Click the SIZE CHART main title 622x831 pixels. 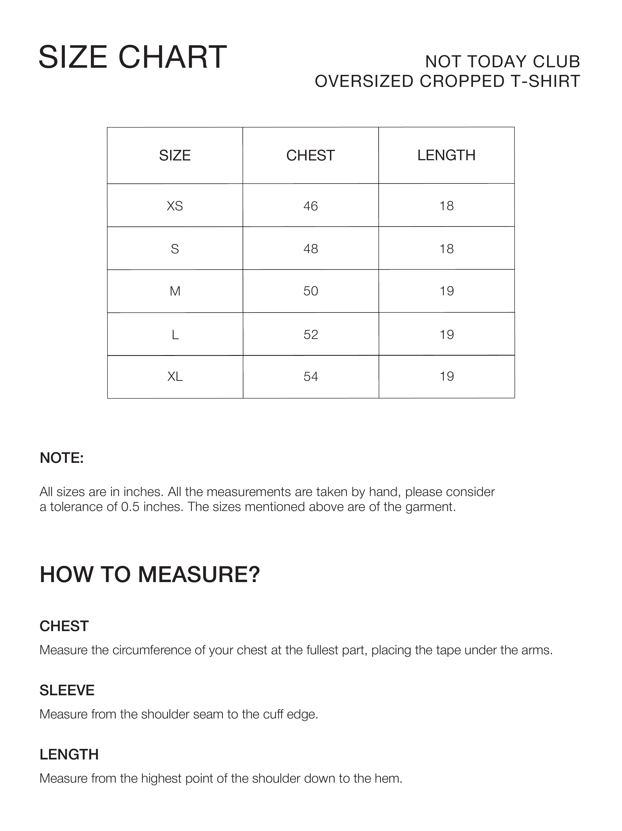(133, 57)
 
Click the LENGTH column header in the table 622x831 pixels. (446, 155)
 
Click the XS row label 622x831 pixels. (175, 206)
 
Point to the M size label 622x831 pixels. (175, 291)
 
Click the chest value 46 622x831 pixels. (311, 206)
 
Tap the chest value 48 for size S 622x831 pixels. (311, 249)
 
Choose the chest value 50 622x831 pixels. (311, 291)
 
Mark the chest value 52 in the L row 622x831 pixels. (311, 334)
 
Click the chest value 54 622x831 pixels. (311, 376)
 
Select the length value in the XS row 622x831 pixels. (447, 206)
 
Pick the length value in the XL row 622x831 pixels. (447, 376)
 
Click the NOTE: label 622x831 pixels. (62, 458)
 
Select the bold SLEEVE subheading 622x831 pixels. (67, 691)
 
